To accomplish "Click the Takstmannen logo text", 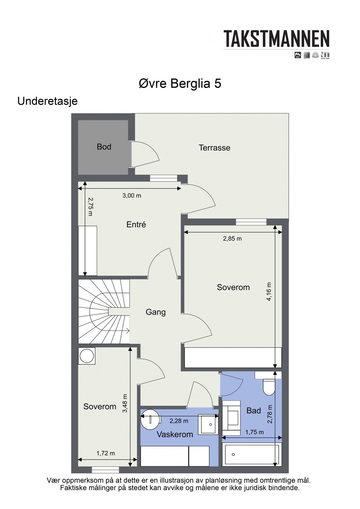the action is coord(277,39).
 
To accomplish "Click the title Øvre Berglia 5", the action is coord(180,84).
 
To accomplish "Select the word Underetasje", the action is coord(48,101).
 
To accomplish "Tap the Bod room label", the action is coord(104,147).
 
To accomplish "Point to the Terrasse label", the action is coord(215,148).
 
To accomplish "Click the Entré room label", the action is coord(136,225).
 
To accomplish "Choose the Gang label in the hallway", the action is coord(156,312).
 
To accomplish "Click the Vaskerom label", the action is coord(175,434).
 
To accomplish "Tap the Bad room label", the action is coord(254,411).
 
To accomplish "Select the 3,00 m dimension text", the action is coord(132,196).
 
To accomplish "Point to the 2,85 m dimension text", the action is coord(232,239).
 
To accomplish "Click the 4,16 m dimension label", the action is coord(269,292).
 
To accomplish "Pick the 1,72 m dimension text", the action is coord(106,453).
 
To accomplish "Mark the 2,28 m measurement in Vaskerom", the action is coord(179,421).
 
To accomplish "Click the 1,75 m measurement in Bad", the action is coord(255,432).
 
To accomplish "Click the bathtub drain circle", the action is coord(233,455).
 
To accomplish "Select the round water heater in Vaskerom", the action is coord(150,419).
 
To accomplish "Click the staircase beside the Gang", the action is coord(104,312).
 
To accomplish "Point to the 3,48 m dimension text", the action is coord(125,404).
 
